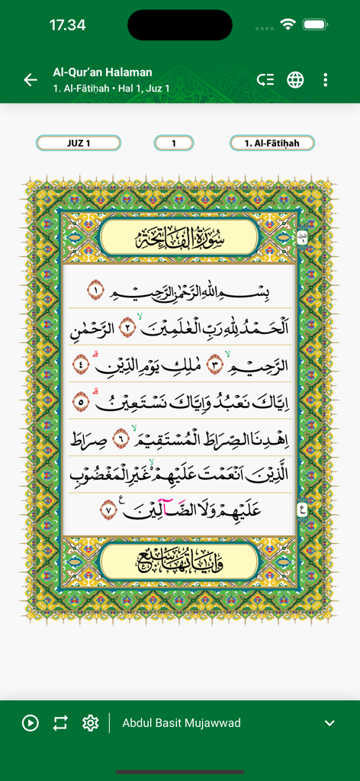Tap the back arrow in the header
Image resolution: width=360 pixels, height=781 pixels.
[31, 80]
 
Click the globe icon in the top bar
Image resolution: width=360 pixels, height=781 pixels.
[295, 80]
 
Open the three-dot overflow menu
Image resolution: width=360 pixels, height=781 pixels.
[326, 80]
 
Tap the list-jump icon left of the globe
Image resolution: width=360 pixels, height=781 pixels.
[265, 80]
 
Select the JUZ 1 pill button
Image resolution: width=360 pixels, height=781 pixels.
[79, 143]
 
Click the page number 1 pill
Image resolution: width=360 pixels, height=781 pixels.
[174, 143]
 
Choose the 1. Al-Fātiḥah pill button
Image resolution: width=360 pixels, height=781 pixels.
[272, 143]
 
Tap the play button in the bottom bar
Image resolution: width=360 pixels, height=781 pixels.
[31, 723]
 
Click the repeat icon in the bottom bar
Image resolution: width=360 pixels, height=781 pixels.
[60, 723]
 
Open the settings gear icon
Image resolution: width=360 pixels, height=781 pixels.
[91, 723]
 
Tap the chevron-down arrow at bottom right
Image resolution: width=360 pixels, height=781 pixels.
[329, 723]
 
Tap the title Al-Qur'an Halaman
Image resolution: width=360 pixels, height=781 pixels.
[102, 72]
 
